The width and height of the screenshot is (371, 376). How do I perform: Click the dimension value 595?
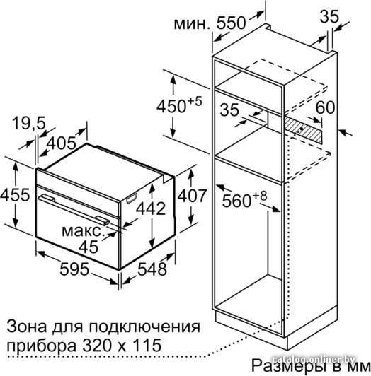[x=74, y=269]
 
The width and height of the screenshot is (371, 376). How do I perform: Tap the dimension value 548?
[x=152, y=269]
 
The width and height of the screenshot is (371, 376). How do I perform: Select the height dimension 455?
[x=15, y=195]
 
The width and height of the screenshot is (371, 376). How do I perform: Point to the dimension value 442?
[x=151, y=208]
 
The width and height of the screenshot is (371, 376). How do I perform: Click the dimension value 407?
[x=192, y=196]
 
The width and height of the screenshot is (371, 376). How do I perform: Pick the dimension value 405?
[x=62, y=143]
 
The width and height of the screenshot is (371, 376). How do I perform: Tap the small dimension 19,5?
[x=29, y=123]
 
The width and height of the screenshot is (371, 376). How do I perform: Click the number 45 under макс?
[x=89, y=247]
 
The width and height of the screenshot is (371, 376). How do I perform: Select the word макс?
[x=82, y=231]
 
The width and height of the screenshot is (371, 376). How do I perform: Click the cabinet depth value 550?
[x=232, y=23]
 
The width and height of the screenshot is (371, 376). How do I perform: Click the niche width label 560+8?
[x=244, y=199]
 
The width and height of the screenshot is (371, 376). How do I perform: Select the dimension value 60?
[x=325, y=107]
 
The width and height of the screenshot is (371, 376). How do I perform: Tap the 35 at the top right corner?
[x=329, y=16]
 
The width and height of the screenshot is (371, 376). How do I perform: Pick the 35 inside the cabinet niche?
[x=229, y=110]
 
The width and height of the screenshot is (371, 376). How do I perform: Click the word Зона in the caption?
[x=26, y=327]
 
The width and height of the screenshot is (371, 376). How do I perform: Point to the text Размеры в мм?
[x=311, y=365]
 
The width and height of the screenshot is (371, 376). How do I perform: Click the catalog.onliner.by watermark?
[x=314, y=359]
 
